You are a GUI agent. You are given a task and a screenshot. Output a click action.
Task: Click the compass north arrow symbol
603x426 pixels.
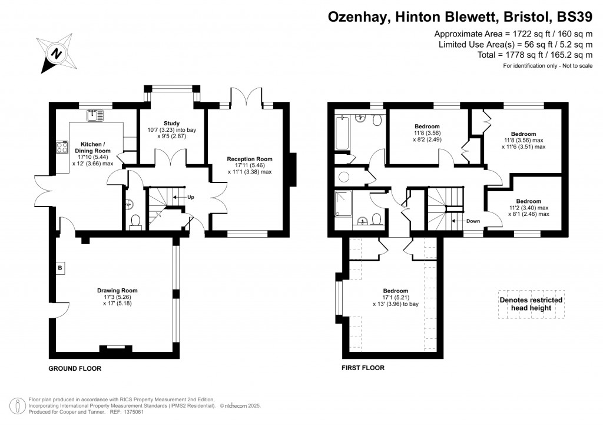[x=56, y=54]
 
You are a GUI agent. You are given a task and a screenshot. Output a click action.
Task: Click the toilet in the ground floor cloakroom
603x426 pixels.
[x=135, y=222]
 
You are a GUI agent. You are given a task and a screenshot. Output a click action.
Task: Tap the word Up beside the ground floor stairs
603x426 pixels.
[x=190, y=197]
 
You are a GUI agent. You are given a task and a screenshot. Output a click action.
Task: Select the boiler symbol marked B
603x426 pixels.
[x=59, y=268]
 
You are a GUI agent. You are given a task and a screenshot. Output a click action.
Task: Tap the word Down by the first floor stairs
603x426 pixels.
[x=473, y=221]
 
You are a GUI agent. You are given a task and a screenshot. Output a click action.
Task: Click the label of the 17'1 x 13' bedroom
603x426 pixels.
[x=395, y=291]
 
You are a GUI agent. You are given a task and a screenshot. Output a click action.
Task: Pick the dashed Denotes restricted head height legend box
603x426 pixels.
[x=531, y=304]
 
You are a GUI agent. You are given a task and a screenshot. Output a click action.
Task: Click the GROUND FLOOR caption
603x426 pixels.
[x=75, y=368]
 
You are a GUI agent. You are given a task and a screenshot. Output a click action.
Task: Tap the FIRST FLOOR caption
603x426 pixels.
[x=363, y=368]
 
